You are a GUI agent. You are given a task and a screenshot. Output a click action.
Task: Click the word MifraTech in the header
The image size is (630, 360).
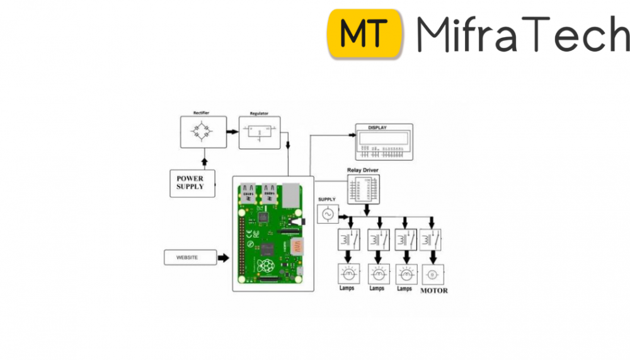[522, 35]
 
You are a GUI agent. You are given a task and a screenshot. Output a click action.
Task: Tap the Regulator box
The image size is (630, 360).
[259, 132]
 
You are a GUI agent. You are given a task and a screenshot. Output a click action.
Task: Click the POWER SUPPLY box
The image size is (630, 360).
[191, 183]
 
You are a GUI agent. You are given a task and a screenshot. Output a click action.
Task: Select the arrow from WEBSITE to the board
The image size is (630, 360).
[224, 257]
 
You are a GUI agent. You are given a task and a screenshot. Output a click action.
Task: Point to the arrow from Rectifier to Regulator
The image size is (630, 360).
[232, 132]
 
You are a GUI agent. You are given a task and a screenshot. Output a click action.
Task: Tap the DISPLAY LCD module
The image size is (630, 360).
[384, 142]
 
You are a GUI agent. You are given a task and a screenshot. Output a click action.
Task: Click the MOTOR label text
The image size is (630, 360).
[433, 291]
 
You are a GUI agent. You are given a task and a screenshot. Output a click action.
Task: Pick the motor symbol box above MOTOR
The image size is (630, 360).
[433, 274]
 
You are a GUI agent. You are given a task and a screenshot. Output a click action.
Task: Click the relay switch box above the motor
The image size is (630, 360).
[432, 240]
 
